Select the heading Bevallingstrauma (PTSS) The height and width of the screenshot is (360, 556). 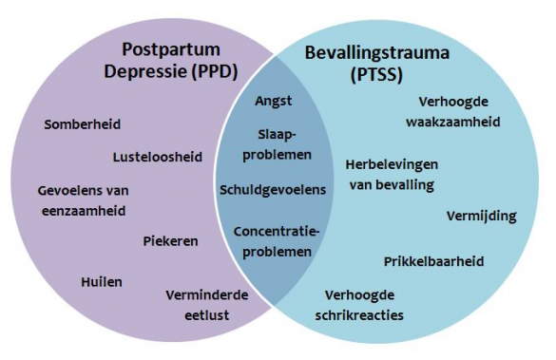point(377,58)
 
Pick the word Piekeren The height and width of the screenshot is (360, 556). point(171,240)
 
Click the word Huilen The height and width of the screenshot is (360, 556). point(102,281)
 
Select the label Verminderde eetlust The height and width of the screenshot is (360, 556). point(206,304)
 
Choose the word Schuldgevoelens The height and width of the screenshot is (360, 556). point(273,189)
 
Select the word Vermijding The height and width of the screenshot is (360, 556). point(481,216)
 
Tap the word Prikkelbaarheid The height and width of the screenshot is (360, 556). point(434,260)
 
